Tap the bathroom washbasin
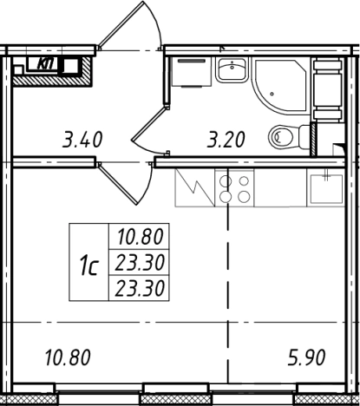pyautogui.click(x=232, y=69)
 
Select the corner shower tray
pyautogui.click(x=279, y=86)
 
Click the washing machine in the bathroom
pyautogui.click(x=191, y=72)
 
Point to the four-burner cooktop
pyautogui.click(x=234, y=188)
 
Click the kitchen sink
pyautogui.click(x=326, y=188)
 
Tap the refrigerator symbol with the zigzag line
pyautogui.click(x=194, y=188)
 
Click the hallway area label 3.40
pyautogui.click(x=82, y=140)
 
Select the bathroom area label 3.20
pyautogui.click(x=226, y=140)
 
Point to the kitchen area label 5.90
pyautogui.click(x=306, y=357)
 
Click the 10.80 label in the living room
pyautogui.click(x=68, y=357)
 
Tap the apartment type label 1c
pyautogui.click(x=88, y=267)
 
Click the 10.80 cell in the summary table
pyautogui.click(x=139, y=236)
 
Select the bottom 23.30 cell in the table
pyautogui.click(x=139, y=288)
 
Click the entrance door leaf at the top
pyautogui.click(x=121, y=25)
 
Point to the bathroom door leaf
pyautogui.click(x=149, y=124)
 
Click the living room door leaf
pyautogui.click(x=118, y=183)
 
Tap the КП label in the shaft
pyautogui.click(x=46, y=63)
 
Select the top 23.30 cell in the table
pyautogui.click(x=139, y=262)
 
